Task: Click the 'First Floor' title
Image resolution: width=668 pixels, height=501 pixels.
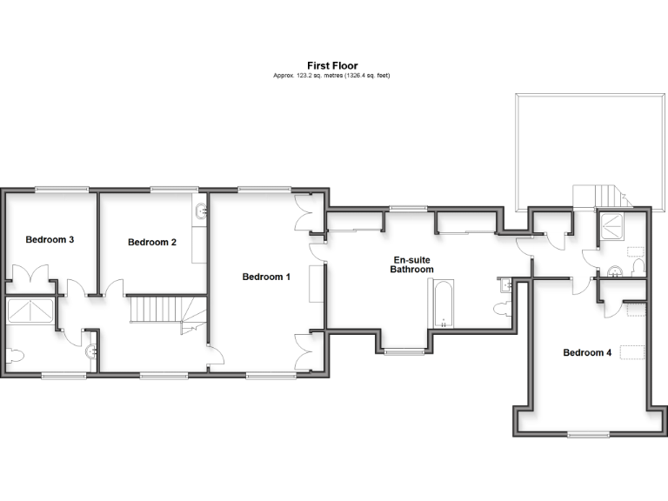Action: (332, 65)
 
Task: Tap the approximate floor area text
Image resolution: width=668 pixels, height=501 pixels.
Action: (332, 76)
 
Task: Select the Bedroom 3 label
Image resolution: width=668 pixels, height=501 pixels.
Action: (49, 239)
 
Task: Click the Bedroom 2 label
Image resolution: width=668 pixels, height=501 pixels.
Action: (152, 243)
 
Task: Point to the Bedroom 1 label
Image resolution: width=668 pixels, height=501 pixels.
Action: (266, 277)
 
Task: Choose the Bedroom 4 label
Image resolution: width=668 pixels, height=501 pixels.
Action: (587, 352)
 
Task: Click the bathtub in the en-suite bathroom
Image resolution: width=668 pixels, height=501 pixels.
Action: (442, 304)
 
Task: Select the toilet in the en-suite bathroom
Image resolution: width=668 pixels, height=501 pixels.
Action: (502, 309)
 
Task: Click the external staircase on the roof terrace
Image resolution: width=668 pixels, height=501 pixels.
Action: (598, 195)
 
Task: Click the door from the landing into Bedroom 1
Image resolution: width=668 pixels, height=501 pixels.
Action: (215, 354)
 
